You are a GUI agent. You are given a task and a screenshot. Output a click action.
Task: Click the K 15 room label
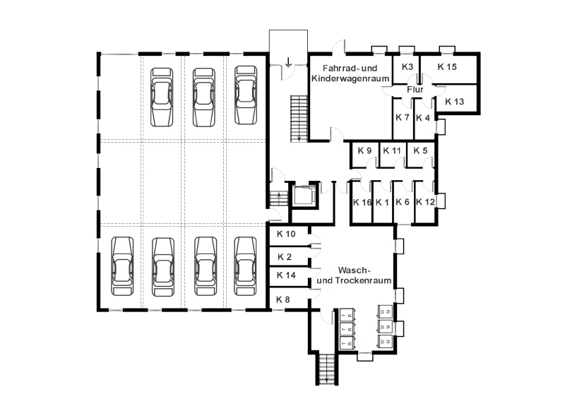click(x=447, y=66)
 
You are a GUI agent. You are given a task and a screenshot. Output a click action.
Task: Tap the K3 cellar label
click(x=408, y=66)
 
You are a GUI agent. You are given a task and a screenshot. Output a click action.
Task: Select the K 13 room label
click(x=454, y=102)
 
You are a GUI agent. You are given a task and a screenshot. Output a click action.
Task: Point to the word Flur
click(x=415, y=90)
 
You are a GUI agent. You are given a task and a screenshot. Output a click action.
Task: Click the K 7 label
click(x=402, y=117)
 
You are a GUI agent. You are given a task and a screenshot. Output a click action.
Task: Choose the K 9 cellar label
click(x=364, y=150)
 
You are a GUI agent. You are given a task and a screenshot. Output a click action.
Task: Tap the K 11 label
click(x=392, y=150)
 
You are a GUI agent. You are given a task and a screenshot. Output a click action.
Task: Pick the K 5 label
click(x=420, y=150)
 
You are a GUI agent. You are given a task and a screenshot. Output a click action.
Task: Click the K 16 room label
click(x=362, y=203)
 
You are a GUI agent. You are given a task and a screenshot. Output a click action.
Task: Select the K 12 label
click(x=425, y=202)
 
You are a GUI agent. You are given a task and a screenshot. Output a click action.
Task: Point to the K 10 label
click(x=286, y=234)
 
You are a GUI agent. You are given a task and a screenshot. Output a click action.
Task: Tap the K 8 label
click(x=283, y=299)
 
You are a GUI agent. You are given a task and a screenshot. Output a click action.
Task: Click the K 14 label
click(x=286, y=275)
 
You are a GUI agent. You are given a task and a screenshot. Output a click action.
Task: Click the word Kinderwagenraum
click(x=350, y=78)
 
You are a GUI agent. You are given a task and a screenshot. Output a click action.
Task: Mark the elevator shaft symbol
click(x=304, y=196)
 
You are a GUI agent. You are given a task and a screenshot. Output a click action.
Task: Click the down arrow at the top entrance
click(x=288, y=62)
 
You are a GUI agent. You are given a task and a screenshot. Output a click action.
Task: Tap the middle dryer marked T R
click(x=347, y=329)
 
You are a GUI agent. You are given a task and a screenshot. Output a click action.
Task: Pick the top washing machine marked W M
click(x=385, y=311)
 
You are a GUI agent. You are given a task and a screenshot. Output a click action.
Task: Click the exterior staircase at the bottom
click(x=327, y=369)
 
